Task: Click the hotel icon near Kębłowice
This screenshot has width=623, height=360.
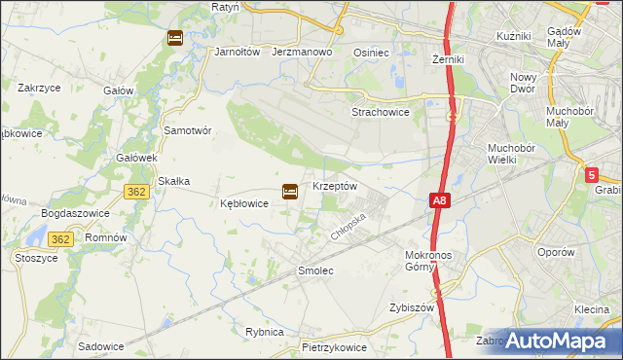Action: [289, 192]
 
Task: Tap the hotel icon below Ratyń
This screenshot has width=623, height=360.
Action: [174, 38]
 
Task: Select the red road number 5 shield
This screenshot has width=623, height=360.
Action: [593, 174]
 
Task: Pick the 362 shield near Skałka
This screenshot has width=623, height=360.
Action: [136, 192]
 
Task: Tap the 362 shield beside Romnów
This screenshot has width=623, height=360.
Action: [61, 237]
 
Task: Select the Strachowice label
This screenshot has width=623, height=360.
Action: [380, 111]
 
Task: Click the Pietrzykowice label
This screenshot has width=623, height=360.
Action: [334, 345]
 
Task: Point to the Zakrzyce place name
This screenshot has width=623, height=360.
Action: [41, 87]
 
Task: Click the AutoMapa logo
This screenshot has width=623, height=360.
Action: [554, 341]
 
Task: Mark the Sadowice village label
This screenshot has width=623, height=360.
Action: [101, 345]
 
